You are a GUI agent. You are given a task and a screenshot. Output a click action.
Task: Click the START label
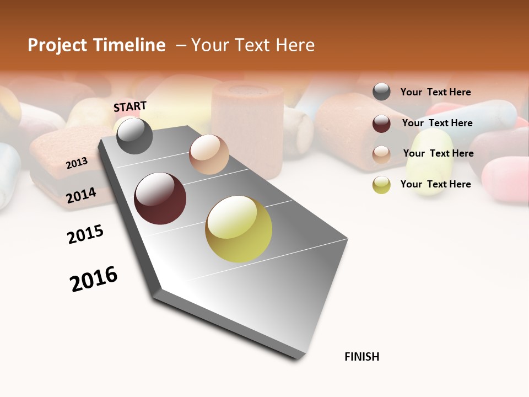pos(130,106)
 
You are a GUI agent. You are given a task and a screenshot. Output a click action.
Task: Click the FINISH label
pos(361,357)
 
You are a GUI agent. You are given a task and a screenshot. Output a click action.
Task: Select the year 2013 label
pos(77,163)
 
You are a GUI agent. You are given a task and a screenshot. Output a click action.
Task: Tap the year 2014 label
pos(81,195)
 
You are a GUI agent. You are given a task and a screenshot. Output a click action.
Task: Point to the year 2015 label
pos(85,234)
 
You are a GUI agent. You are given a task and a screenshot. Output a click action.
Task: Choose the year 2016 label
pos(94,278)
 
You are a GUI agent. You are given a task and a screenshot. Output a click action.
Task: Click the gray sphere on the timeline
pos(135,136)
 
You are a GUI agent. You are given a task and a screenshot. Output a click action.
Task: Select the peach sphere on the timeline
pos(209,154)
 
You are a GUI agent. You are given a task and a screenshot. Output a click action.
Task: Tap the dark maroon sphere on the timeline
pos(160,198)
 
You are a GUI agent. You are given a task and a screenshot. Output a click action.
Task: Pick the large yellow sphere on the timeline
pos(239,229)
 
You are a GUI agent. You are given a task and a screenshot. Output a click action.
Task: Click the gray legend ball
pos(381,92)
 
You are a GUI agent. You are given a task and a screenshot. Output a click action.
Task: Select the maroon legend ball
pos(381,124)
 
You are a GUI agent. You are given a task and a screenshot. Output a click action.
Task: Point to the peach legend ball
pos(381,154)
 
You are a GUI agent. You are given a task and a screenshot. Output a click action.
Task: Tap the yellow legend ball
pos(381,185)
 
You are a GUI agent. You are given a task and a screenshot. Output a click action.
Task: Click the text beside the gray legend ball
pos(435,93)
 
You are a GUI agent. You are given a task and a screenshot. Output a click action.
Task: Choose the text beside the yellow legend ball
pos(435,184)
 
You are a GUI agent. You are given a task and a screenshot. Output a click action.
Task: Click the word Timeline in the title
pos(129,45)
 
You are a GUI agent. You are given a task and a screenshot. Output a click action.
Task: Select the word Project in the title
pos(57,45)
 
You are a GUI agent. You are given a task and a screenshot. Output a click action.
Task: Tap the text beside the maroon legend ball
pos(437,123)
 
